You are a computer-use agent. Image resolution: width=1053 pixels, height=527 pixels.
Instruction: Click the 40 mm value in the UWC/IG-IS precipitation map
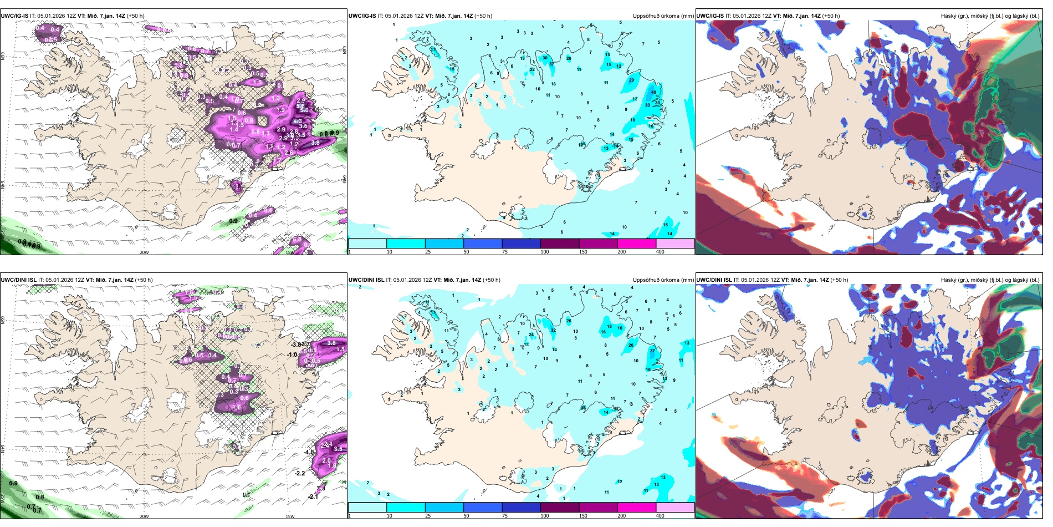pyautogui.click(x=653, y=93)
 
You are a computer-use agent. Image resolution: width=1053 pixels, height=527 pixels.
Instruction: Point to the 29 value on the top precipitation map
pyautogui.click(x=631, y=80)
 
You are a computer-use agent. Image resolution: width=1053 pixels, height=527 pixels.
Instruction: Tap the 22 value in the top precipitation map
pyautogui.click(x=532, y=70)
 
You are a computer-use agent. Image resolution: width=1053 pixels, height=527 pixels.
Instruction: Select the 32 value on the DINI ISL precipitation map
pyautogui.click(x=553, y=331)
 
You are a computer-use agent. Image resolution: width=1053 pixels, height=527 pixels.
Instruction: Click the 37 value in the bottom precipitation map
pyautogui.click(x=652, y=351)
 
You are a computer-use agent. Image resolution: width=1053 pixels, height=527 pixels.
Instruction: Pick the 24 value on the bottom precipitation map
pyautogui.click(x=531, y=335)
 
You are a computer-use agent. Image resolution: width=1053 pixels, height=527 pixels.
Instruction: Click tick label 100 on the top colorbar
pyautogui.click(x=545, y=252)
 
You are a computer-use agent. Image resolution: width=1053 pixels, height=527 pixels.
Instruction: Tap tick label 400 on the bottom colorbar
pyautogui.click(x=660, y=516)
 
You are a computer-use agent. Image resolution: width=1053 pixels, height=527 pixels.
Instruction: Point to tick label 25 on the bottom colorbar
pyautogui.click(x=428, y=516)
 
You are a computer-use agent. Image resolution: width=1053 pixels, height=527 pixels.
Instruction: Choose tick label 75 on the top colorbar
pyautogui.click(x=505, y=252)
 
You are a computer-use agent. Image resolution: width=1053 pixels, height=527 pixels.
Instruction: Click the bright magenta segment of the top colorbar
pyautogui.click(x=637, y=244)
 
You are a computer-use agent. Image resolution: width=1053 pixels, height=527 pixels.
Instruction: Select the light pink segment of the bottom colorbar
pyautogui.click(x=675, y=508)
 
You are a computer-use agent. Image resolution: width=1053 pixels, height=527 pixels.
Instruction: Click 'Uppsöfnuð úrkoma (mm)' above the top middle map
pyautogui.click(x=663, y=16)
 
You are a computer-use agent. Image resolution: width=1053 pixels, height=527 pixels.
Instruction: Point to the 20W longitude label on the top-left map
pyautogui.click(x=144, y=252)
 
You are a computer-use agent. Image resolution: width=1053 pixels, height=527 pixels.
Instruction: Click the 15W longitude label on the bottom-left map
pyautogui.click(x=289, y=516)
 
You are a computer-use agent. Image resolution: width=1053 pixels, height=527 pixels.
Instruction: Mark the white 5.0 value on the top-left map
pyautogui.click(x=304, y=110)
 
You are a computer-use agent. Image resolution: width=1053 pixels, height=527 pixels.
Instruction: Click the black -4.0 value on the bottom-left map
pyautogui.click(x=309, y=453)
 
